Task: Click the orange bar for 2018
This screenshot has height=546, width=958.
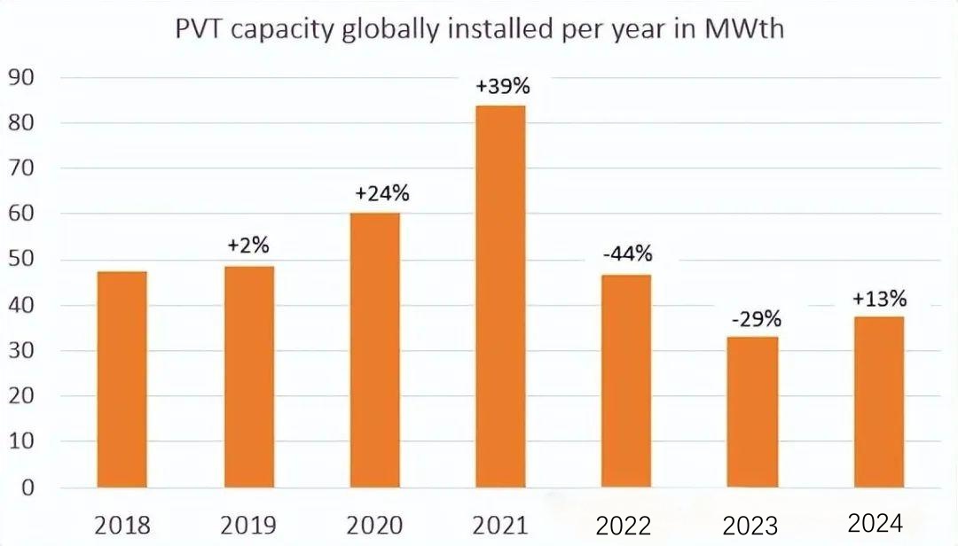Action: pos(122,379)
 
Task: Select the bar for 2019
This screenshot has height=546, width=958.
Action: pos(248,377)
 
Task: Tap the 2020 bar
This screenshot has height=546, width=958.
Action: pos(374,350)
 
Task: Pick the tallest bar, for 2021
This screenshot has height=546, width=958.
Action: pos(501,297)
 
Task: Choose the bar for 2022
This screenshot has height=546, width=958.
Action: pos(626,381)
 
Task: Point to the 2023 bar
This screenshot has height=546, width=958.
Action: pos(753,412)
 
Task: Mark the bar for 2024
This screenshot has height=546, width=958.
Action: pos(879,402)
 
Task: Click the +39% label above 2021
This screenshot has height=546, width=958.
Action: pos(502,87)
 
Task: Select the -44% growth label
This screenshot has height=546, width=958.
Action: pos(627,254)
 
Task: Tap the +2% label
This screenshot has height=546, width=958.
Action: pos(248,246)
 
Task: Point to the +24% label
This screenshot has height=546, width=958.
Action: pos(375,194)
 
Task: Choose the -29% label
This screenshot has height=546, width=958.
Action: pos(755,318)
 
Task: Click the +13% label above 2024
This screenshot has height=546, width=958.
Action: pos(880,299)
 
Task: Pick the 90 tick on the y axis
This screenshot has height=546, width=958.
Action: pos(21,77)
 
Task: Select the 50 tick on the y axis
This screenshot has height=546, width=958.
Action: pos(21,260)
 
